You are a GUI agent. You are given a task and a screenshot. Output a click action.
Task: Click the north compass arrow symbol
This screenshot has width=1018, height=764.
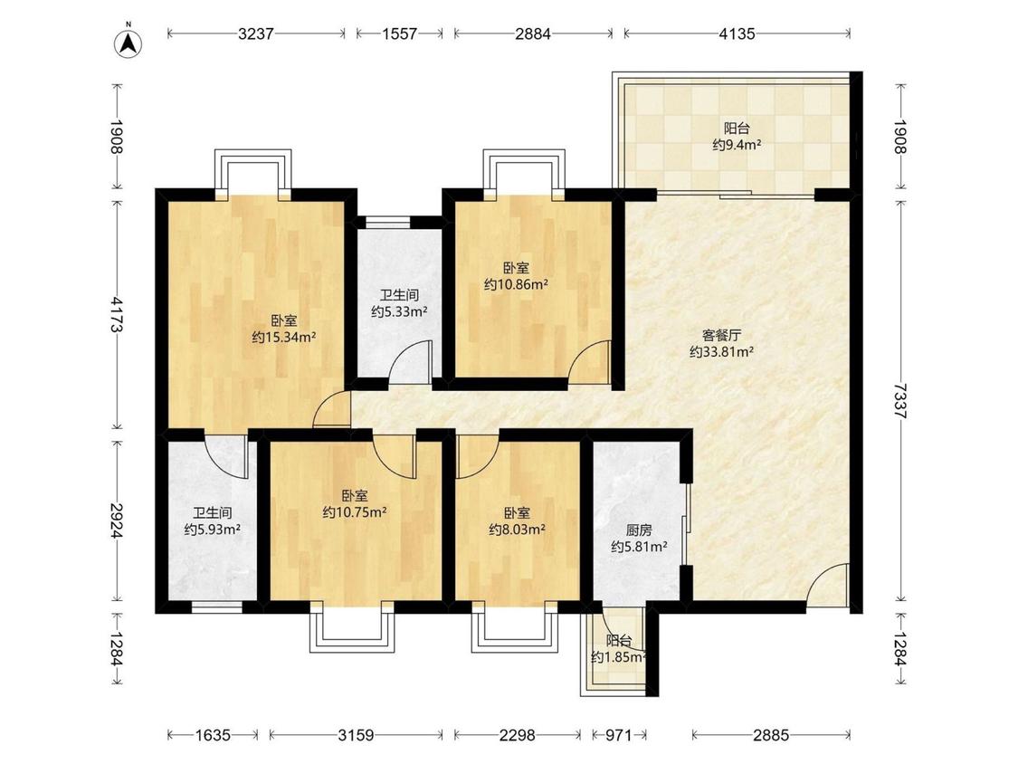pyautogui.click(x=129, y=43)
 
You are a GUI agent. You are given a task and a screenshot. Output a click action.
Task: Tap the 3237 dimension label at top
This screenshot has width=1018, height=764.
pyautogui.click(x=256, y=33)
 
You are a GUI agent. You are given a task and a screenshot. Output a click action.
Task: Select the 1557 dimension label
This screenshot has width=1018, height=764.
pyautogui.click(x=399, y=33)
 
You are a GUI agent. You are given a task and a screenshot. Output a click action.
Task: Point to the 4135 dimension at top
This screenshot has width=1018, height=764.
pyautogui.click(x=737, y=33)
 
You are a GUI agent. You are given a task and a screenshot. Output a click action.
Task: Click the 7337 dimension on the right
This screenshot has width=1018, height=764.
pyautogui.click(x=899, y=401)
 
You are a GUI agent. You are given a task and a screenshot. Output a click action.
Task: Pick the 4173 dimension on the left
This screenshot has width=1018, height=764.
pyautogui.click(x=117, y=314)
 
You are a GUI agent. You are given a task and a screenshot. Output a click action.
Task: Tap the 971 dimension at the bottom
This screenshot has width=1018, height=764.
pyautogui.click(x=619, y=735)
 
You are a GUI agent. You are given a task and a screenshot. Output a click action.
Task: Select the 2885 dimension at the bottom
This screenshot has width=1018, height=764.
pyautogui.click(x=771, y=735)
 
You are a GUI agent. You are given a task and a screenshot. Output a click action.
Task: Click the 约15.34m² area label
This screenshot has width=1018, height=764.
pyautogui.click(x=284, y=337)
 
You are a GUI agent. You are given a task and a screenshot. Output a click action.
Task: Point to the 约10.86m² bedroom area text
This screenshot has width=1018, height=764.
pyautogui.click(x=516, y=284)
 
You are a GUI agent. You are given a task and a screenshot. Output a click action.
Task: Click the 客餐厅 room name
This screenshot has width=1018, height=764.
pyautogui.click(x=721, y=335)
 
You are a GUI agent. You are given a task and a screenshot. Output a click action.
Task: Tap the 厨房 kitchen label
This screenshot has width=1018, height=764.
pyautogui.click(x=639, y=530)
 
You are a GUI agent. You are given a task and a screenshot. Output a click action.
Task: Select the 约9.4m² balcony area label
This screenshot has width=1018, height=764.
pyautogui.click(x=737, y=145)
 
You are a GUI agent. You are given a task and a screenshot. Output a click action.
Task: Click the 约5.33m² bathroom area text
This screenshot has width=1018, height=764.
pyautogui.click(x=399, y=311)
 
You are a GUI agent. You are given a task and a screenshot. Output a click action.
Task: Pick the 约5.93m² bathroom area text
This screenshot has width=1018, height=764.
pyautogui.click(x=213, y=530)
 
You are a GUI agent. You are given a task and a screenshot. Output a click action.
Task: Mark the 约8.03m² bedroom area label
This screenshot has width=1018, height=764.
pyautogui.click(x=517, y=530)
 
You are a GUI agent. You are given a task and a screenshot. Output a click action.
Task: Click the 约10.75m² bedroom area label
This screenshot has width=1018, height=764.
pyautogui.click(x=355, y=512)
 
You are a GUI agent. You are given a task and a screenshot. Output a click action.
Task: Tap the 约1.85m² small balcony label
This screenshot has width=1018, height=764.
pyautogui.click(x=619, y=657)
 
